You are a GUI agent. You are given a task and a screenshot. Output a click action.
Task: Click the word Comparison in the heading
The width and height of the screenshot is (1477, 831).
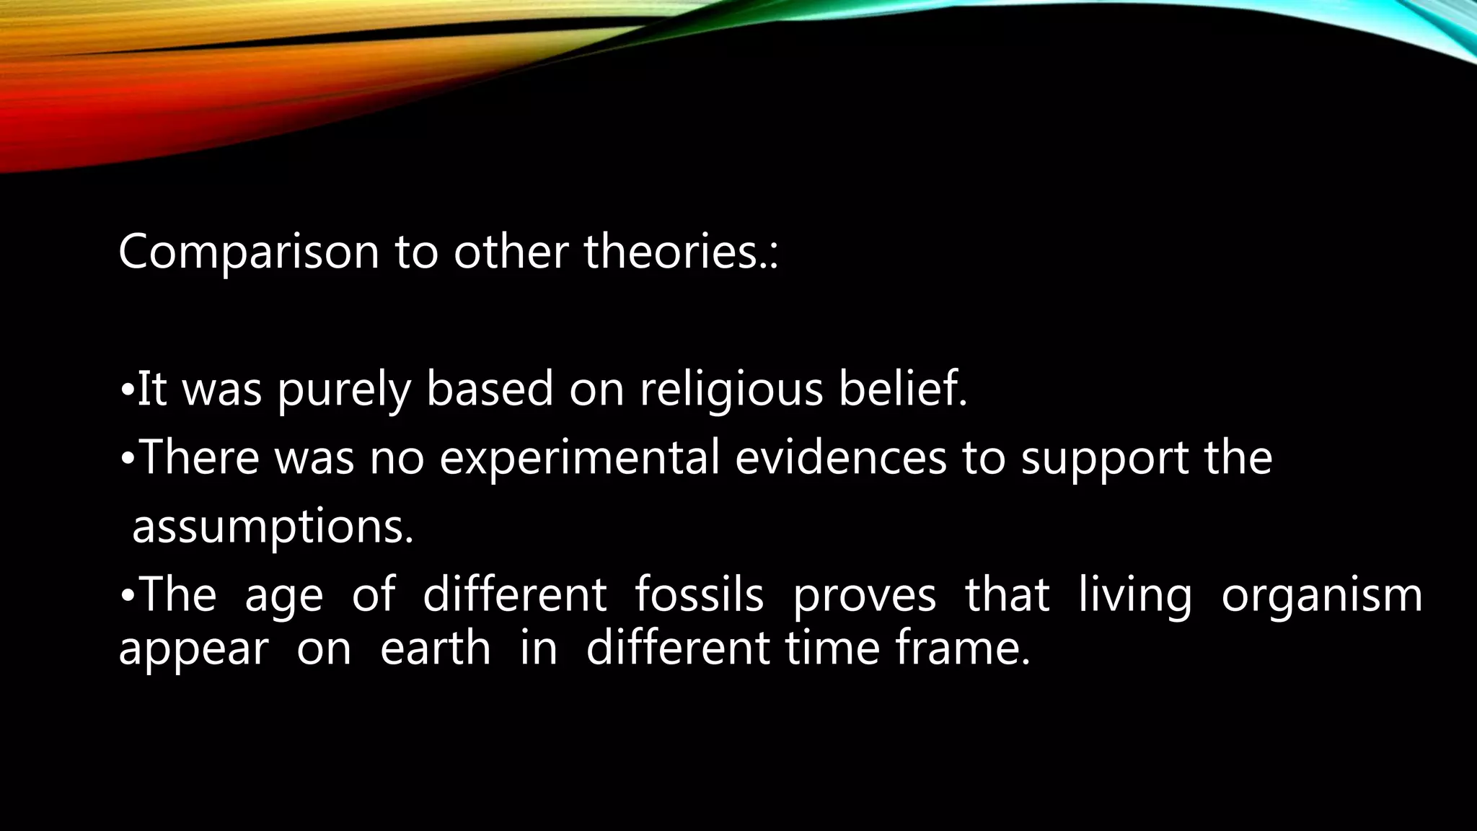pyautogui.click(x=248, y=253)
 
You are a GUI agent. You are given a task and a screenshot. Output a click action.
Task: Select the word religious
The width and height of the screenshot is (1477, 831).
pyautogui.click(x=731, y=390)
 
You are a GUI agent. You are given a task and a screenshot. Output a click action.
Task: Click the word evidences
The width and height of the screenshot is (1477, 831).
pyautogui.click(x=840, y=458)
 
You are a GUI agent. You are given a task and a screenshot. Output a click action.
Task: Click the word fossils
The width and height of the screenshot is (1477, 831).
pyautogui.click(x=699, y=595)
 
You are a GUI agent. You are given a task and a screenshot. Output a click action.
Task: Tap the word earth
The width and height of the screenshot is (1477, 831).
pyautogui.click(x=435, y=648)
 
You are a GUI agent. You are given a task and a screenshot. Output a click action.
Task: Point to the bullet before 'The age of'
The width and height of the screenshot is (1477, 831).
pyautogui.click(x=126, y=597)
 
